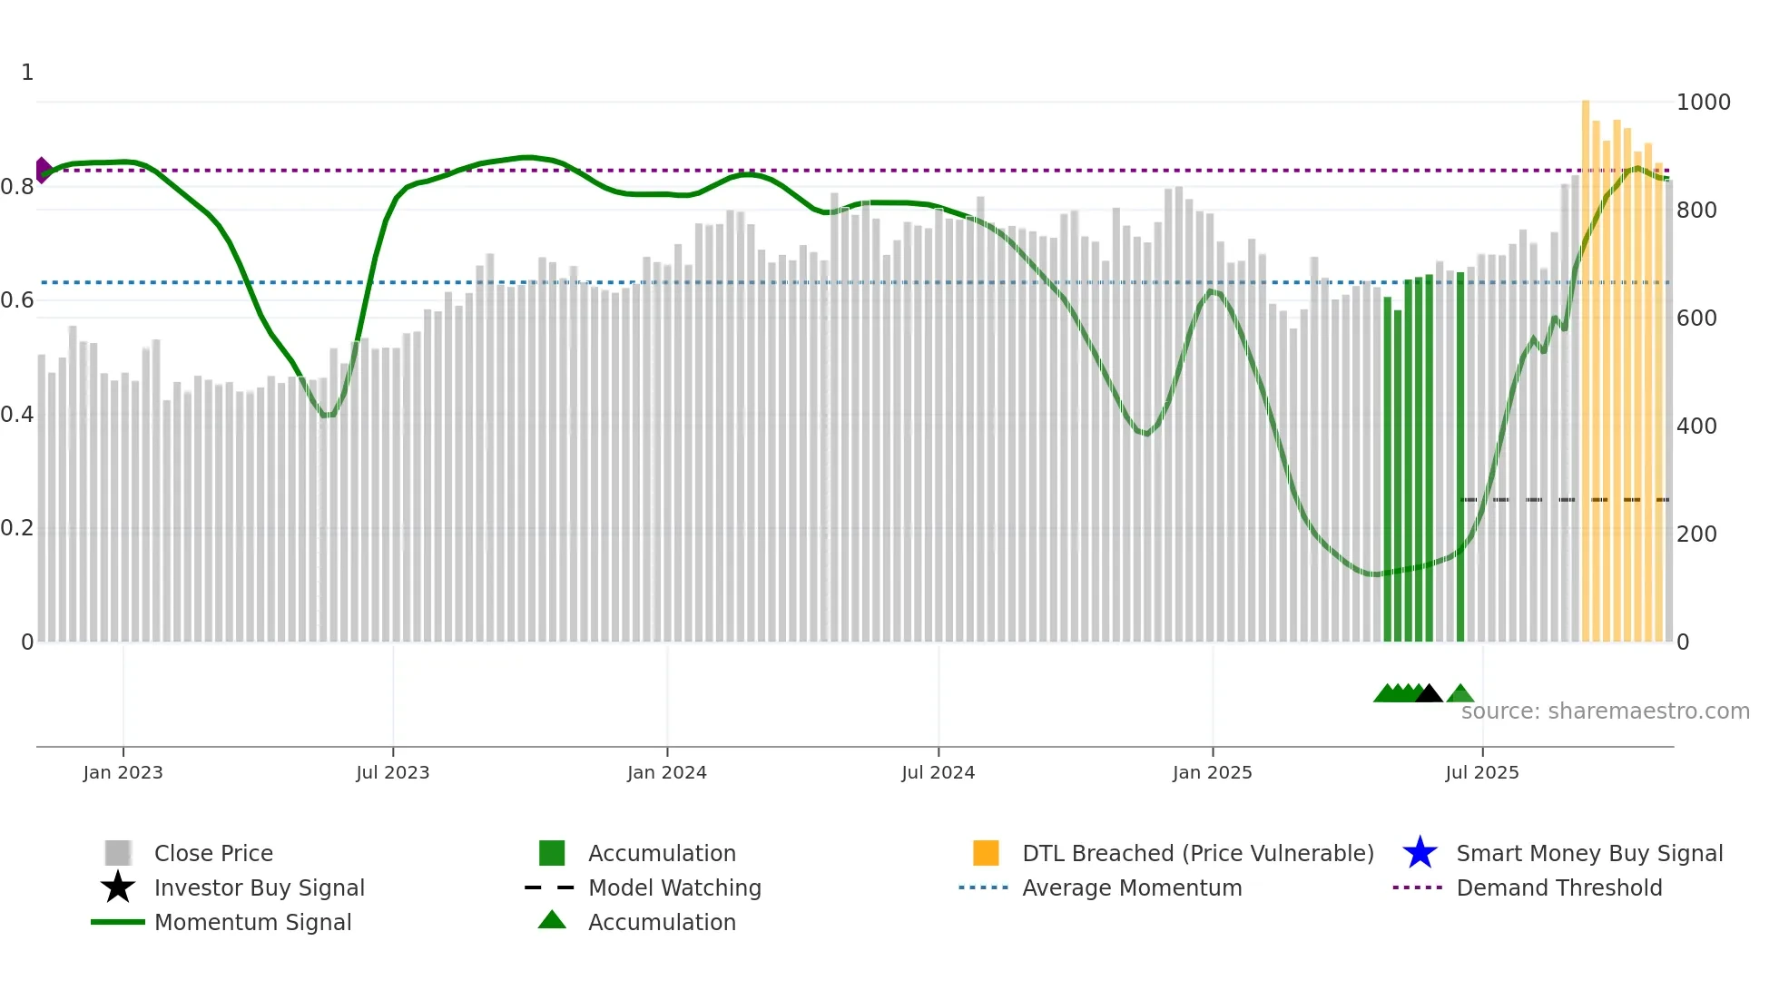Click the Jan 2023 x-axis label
(x=123, y=772)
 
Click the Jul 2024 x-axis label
(x=938, y=772)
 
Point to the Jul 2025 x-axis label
(x=1481, y=772)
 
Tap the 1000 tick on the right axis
(x=1703, y=103)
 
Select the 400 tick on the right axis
(x=1696, y=426)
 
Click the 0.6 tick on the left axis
(x=17, y=300)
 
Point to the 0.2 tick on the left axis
(x=17, y=528)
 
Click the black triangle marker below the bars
(x=1429, y=694)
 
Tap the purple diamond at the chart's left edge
(x=43, y=170)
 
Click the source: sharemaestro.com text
(x=1605, y=711)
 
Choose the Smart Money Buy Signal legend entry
(x=1589, y=854)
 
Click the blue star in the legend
(x=1420, y=853)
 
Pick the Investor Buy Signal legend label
(x=260, y=888)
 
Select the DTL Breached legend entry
(x=1197, y=854)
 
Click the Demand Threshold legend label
(x=1558, y=888)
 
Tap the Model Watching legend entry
(x=674, y=888)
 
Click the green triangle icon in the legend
(x=552, y=920)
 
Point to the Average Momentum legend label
(x=1131, y=888)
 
